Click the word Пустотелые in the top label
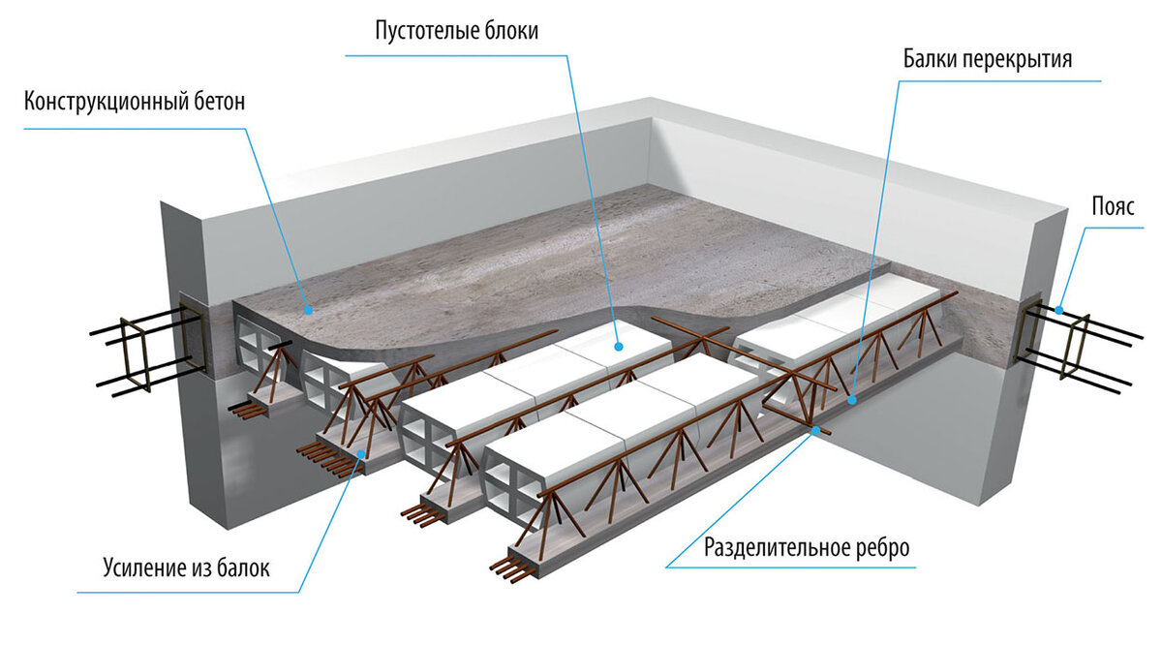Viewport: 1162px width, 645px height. click(427, 31)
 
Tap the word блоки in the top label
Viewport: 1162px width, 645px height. click(511, 31)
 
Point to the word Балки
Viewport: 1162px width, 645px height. click(931, 59)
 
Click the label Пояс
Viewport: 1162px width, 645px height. click(1114, 206)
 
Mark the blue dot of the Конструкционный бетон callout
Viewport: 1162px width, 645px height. click(309, 310)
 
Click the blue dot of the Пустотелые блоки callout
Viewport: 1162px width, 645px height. click(618, 346)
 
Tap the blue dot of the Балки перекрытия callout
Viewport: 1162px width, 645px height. click(852, 400)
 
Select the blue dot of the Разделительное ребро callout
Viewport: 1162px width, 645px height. click(816, 430)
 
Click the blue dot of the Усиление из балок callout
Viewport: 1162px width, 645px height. click(361, 454)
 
